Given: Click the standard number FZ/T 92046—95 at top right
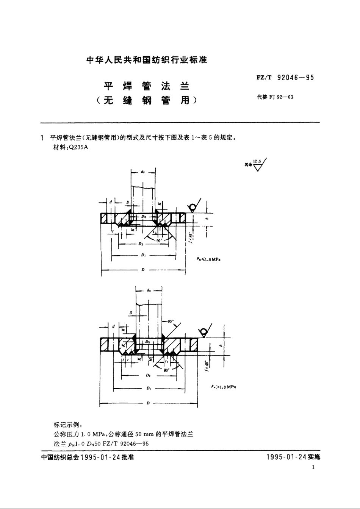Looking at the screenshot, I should [x=285, y=78].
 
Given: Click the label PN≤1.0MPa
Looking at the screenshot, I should [x=208, y=259].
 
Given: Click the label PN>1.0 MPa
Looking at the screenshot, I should [x=224, y=387].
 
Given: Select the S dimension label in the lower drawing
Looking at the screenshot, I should [x=131, y=312].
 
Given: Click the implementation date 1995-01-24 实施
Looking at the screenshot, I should [x=293, y=457].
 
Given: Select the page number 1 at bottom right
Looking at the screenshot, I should [x=313, y=467].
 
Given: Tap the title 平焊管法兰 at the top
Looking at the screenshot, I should [x=147, y=86].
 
